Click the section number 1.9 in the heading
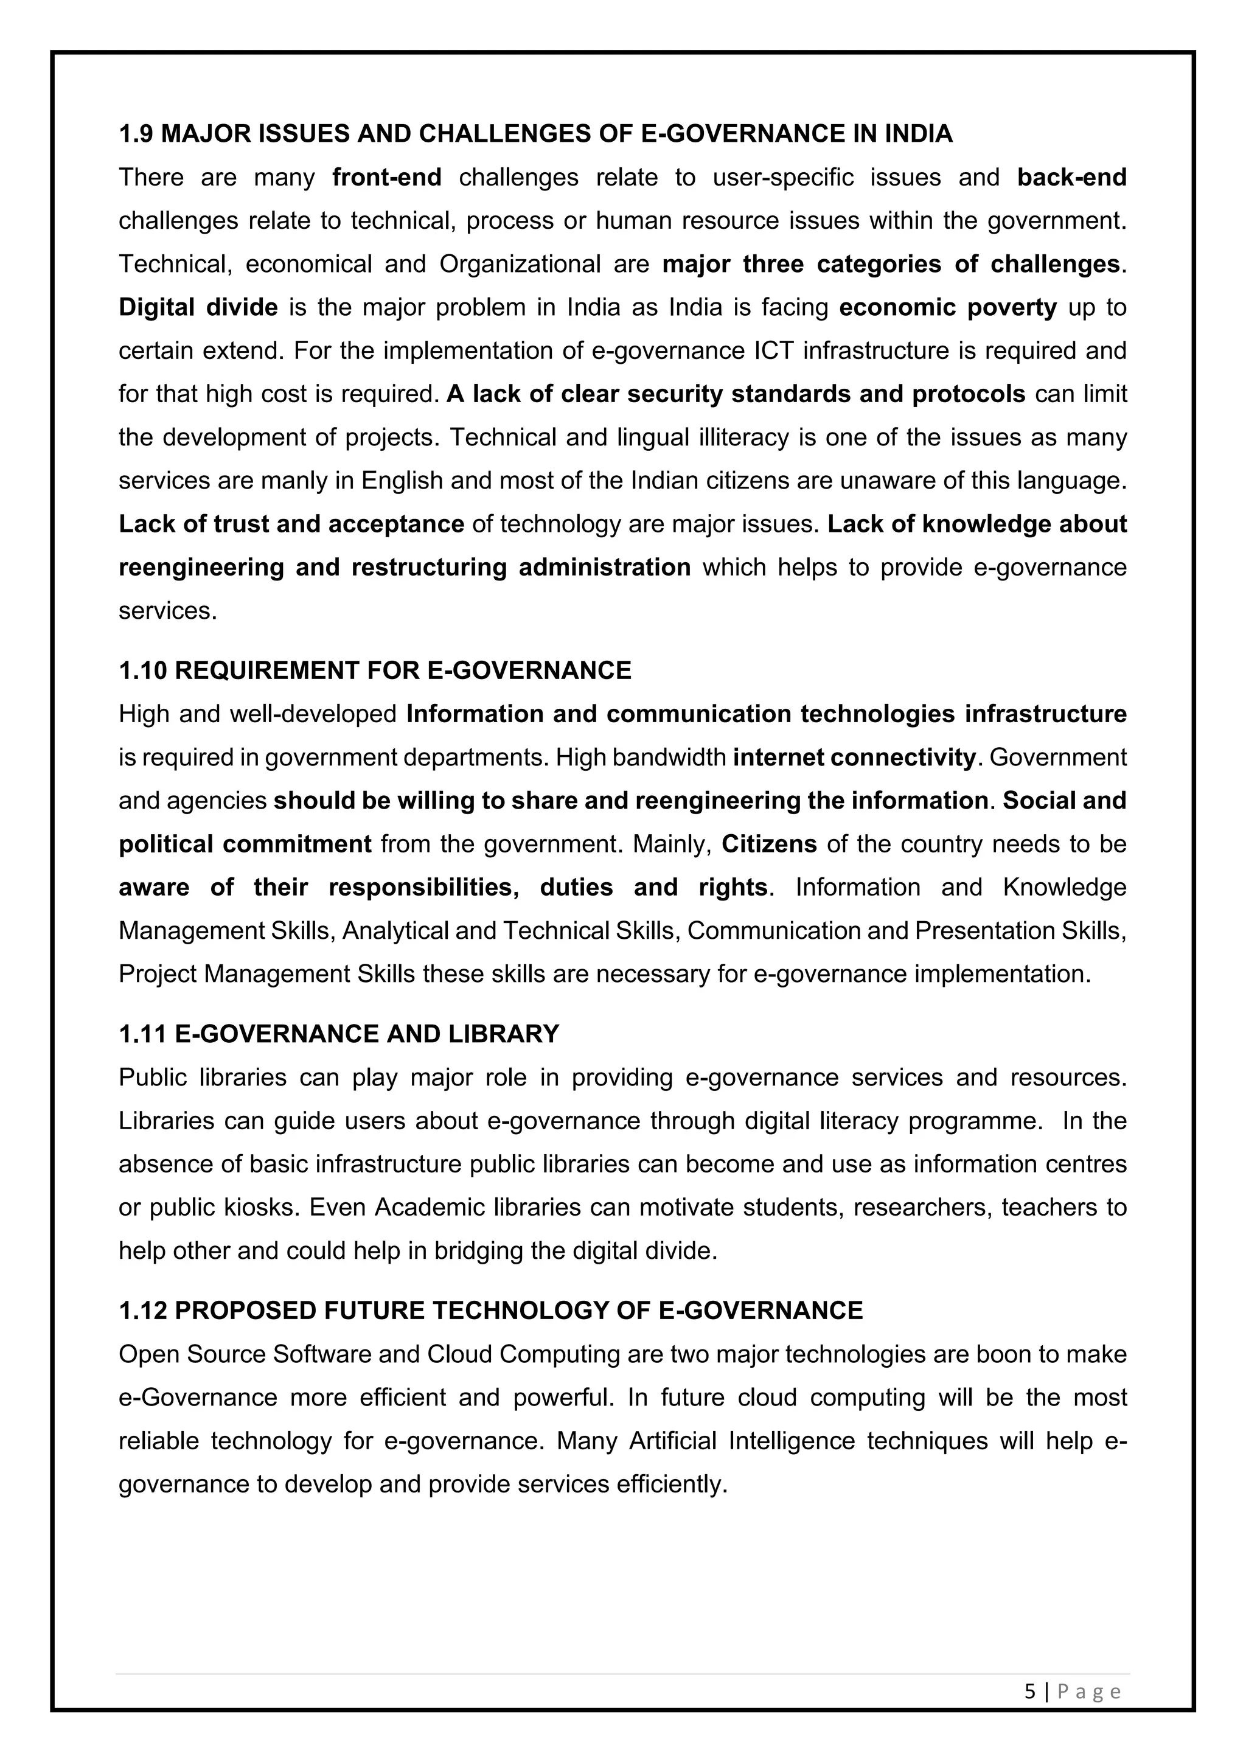[x=136, y=134]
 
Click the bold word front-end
[x=387, y=177]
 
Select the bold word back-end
[x=1071, y=177]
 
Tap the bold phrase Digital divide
[x=198, y=308]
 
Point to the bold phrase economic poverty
[x=947, y=308]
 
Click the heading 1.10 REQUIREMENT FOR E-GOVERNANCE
[x=374, y=670]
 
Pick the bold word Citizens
[x=769, y=844]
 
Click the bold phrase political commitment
[x=245, y=844]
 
